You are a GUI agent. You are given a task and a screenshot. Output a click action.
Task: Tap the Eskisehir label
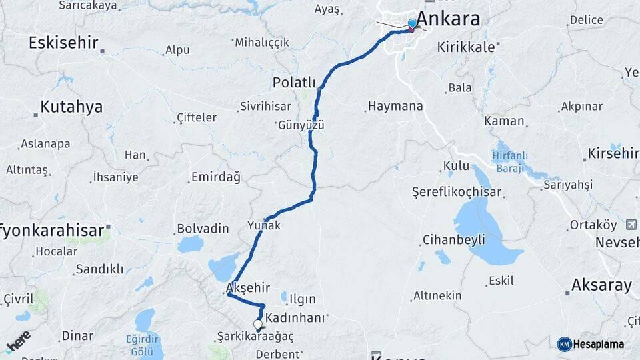[x=63, y=43]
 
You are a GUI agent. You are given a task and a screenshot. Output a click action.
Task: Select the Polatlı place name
[x=294, y=82]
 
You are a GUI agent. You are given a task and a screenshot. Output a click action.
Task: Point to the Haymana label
[x=395, y=106]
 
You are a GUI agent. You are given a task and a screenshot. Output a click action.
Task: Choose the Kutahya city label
[x=71, y=107]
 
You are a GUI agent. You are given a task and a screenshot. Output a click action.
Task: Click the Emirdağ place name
[x=215, y=177]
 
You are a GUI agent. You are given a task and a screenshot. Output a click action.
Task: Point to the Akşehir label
[x=248, y=287]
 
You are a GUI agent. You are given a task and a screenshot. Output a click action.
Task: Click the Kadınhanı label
[x=295, y=317]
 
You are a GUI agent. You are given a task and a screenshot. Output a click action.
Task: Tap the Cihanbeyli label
[x=453, y=239]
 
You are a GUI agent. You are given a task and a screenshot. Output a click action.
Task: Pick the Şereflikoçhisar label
[x=457, y=191]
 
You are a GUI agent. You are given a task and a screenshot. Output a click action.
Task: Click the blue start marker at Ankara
[x=412, y=24]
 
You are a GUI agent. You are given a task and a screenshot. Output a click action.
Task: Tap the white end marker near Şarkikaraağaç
[x=258, y=324]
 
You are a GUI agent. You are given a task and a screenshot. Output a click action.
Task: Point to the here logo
[x=18, y=341]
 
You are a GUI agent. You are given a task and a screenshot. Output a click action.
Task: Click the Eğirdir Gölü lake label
[x=144, y=344]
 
